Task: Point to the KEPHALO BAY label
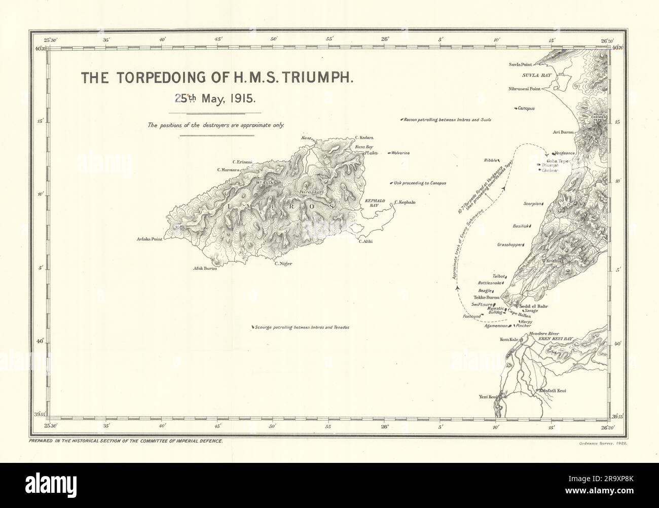point(376,204)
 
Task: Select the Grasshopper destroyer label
point(509,244)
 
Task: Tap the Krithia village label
point(552,261)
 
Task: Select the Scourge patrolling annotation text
point(302,328)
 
